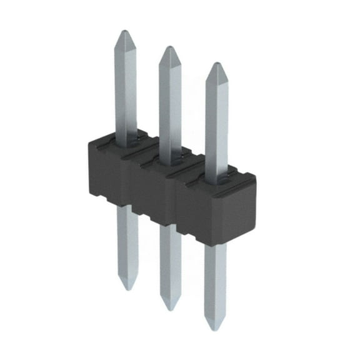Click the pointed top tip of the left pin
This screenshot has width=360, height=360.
pyautogui.click(x=125, y=31)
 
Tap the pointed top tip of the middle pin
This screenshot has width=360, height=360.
pyautogui.click(x=167, y=48)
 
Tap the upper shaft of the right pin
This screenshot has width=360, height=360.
pyautogui.click(x=216, y=119)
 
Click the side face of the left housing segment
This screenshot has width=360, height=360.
pyautogui.click(x=105, y=172)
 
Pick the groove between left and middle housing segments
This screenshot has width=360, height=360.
pyautogui.click(x=128, y=181)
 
